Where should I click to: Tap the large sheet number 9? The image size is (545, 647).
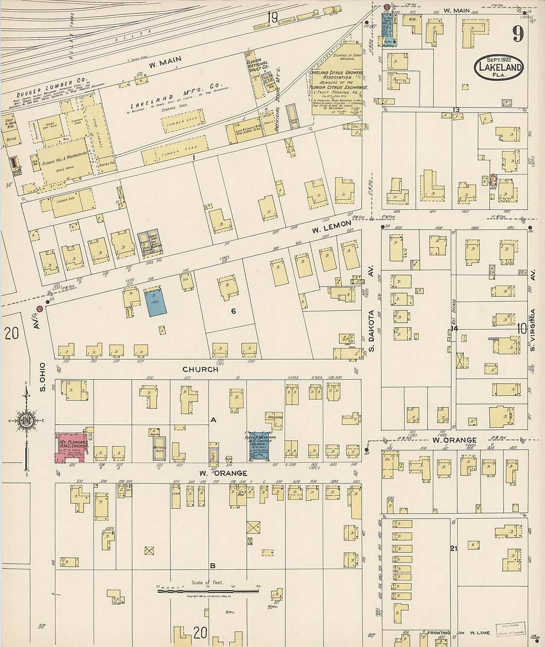pyautogui.click(x=518, y=34)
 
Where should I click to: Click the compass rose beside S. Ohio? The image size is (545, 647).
pyautogui.click(x=25, y=421)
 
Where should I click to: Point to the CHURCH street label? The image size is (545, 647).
pyautogui.click(x=200, y=369)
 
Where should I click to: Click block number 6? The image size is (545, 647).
pyautogui.click(x=233, y=311)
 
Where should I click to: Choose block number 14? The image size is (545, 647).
pyautogui.click(x=454, y=328)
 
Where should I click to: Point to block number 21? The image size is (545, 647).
pyautogui.click(x=453, y=548)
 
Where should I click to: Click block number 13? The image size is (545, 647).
pyautogui.click(x=456, y=110)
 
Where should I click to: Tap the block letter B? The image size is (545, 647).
pyautogui.click(x=213, y=566)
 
